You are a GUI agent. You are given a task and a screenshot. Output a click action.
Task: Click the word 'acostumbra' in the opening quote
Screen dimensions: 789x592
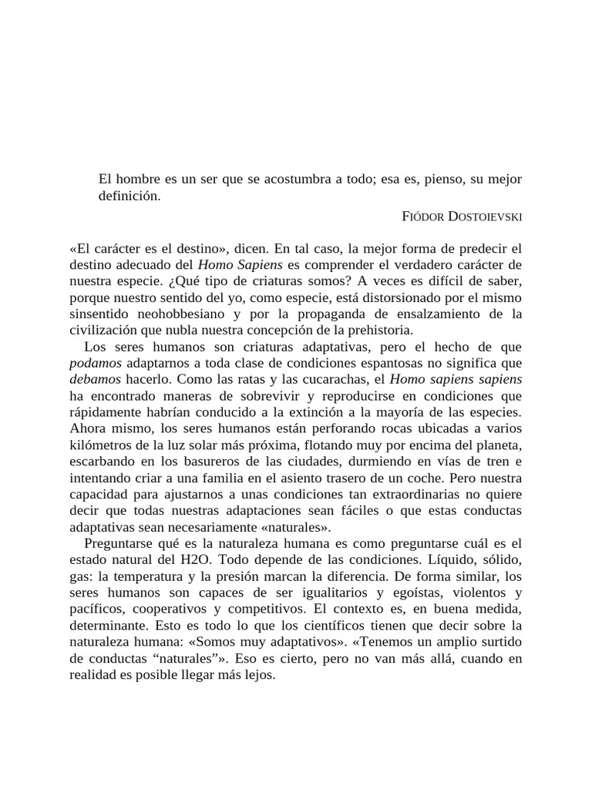tap(297, 179)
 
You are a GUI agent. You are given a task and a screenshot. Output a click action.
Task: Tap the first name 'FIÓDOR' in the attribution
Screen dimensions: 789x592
tap(423, 217)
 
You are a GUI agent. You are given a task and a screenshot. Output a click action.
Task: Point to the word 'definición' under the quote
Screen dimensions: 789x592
tap(129, 196)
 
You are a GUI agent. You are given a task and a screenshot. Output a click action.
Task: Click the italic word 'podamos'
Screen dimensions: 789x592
tap(94, 362)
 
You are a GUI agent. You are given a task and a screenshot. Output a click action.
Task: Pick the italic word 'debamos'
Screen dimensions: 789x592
tap(94, 379)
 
